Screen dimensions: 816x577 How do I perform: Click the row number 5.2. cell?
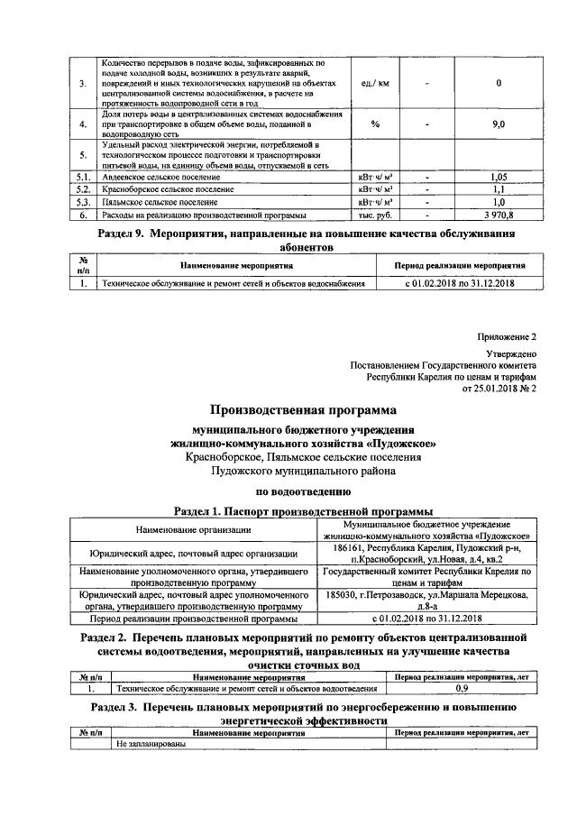[83, 190]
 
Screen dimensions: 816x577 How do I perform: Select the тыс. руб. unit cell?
[374, 215]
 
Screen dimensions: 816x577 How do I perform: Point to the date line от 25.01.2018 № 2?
[499, 389]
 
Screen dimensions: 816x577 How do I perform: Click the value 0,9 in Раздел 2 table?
[461, 688]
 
